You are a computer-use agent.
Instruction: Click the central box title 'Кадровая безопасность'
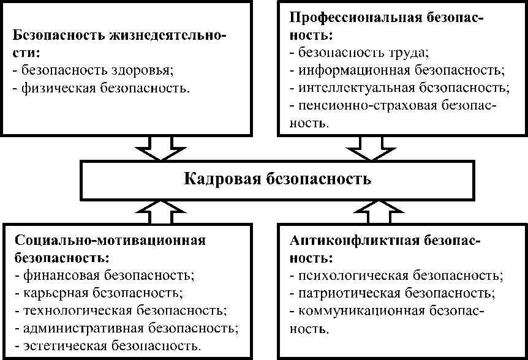coord(277,179)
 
